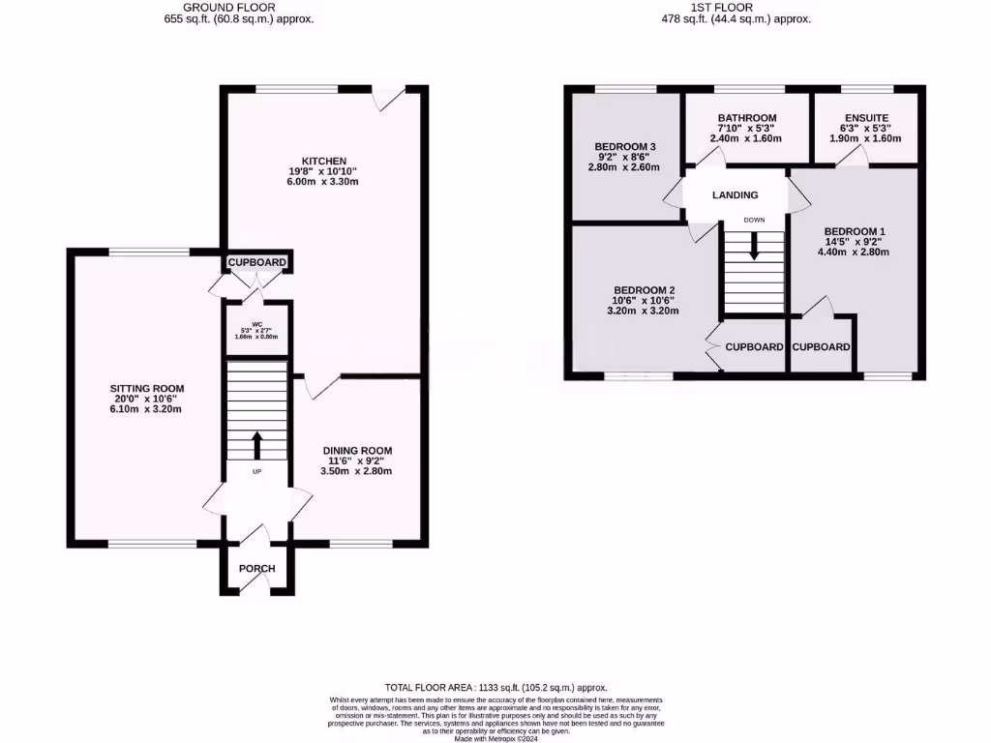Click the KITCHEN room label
tap(323, 161)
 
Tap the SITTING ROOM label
tap(146, 388)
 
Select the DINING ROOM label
tap(357, 450)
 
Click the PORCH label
tap(257, 568)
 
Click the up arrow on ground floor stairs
tap(257, 445)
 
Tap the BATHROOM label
tap(746, 118)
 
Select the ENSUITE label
tap(866, 118)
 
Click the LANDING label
tap(736, 195)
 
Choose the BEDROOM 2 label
tap(644, 289)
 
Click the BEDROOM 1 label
tap(855, 231)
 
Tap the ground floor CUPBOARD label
tap(257, 262)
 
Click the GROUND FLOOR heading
tap(239, 7)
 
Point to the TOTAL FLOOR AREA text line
tap(495, 688)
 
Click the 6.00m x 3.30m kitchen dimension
tap(323, 182)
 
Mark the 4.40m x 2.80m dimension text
tap(855, 252)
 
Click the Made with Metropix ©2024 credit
tap(495, 738)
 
